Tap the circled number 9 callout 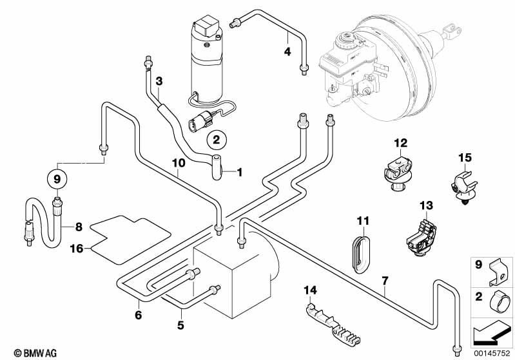[x=56, y=177]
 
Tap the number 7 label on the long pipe [x=385, y=280]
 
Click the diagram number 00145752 [x=492, y=354]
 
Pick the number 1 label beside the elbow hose [x=240, y=172]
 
